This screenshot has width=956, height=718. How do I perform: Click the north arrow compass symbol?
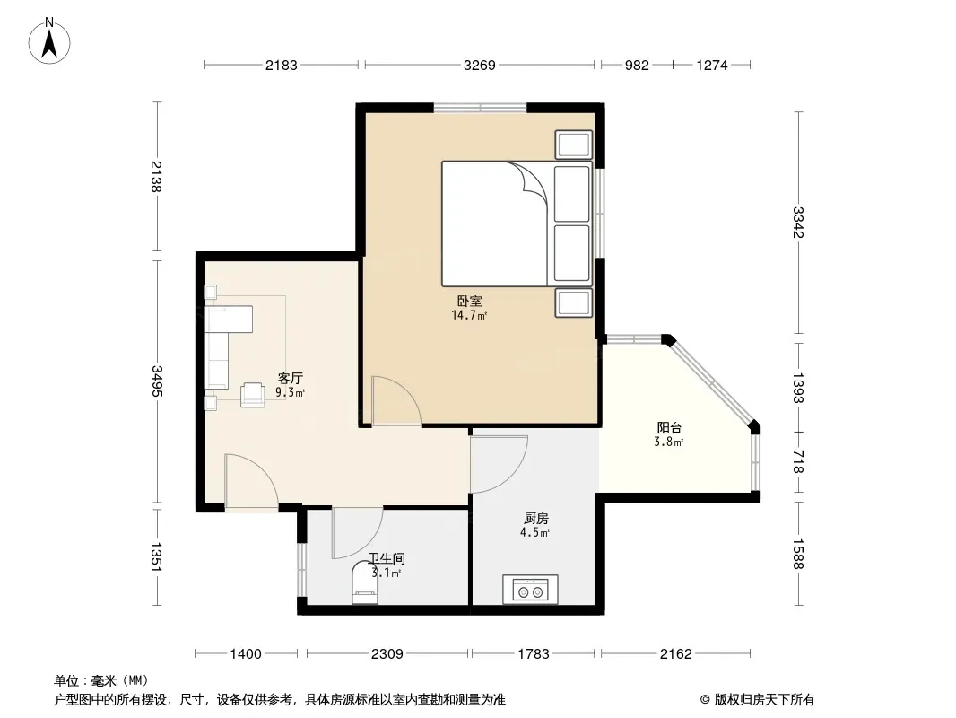49,41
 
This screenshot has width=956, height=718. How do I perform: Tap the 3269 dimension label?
479,65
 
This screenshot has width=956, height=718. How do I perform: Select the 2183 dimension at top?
281,65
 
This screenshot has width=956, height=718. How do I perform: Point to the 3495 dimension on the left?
157,381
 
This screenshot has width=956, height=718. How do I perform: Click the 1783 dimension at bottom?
534,654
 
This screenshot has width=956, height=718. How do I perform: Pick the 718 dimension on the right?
798,462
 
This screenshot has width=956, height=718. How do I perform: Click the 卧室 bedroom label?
469,302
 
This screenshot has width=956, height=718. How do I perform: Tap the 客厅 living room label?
291,378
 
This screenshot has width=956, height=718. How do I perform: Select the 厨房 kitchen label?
536,519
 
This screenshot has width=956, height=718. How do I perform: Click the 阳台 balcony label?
669,427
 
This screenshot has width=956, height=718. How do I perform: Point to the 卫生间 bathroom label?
387,558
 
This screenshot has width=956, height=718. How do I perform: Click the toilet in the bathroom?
365,582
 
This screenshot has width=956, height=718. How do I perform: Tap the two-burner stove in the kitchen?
530,590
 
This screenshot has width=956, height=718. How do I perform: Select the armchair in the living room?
252,394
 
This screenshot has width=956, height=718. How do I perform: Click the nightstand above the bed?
573,144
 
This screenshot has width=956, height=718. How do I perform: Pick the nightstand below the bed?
573,303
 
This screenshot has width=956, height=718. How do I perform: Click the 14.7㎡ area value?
469,315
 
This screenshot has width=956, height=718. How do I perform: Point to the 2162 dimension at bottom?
675,654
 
